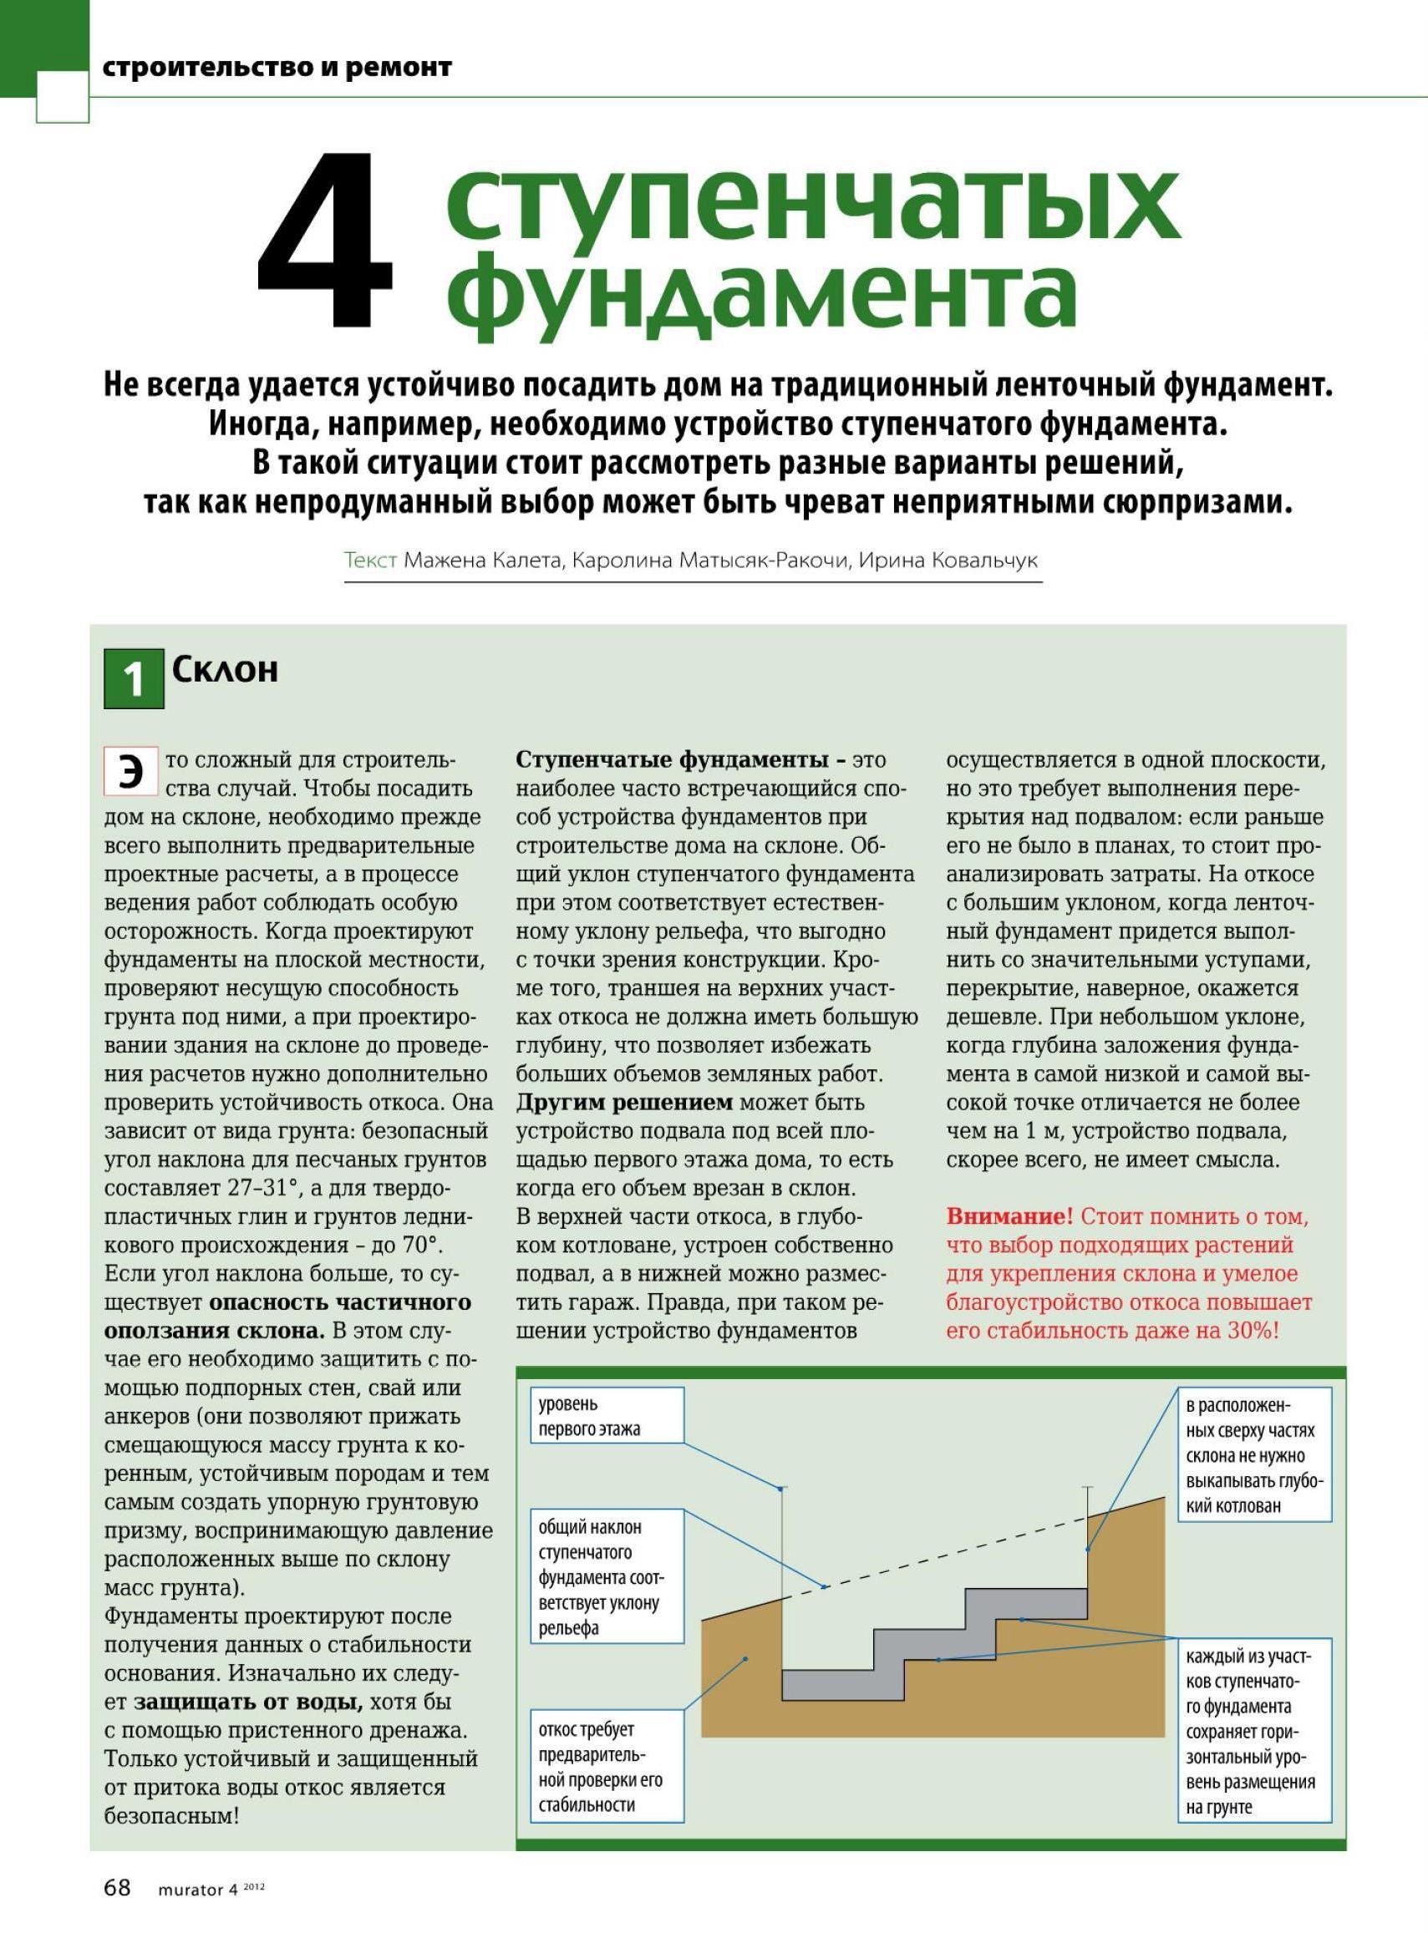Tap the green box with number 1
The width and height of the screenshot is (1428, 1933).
pos(134,678)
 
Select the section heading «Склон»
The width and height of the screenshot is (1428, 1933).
pos(225,670)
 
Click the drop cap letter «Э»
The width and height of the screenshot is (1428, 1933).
pos(130,771)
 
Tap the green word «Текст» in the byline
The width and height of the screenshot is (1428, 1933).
pos(370,560)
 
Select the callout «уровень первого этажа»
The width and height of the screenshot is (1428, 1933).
pos(606,1416)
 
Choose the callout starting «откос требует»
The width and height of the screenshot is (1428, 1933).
pos(606,1767)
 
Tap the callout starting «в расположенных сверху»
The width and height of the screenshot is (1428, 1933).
pos(1253,1455)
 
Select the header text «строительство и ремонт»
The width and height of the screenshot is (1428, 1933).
pos(277,68)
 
